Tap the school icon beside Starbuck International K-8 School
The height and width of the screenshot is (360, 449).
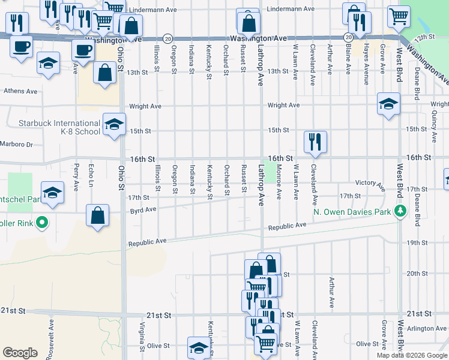(x=113, y=124)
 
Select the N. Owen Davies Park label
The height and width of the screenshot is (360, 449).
(x=352, y=211)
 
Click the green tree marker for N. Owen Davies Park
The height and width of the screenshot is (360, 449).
(x=399, y=211)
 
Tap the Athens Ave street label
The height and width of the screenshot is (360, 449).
(x=20, y=92)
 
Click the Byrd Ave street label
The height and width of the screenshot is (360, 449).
(x=143, y=210)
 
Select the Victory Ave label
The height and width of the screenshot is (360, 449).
(x=369, y=183)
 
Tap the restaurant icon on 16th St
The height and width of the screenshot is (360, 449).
(x=315, y=142)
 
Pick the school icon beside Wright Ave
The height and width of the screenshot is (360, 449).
(x=388, y=104)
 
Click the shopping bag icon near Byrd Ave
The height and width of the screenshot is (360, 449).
(x=98, y=216)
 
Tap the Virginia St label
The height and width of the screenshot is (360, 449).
(x=142, y=337)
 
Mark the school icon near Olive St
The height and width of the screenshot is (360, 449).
(x=199, y=347)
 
